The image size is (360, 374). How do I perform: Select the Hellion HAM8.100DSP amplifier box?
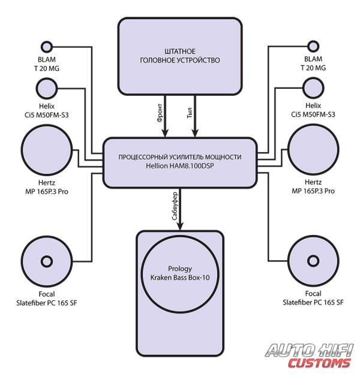point(180,162)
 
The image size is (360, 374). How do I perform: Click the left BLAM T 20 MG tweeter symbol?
point(47,47)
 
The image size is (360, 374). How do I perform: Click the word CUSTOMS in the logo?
point(319,363)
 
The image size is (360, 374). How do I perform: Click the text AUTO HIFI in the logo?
point(310,349)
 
